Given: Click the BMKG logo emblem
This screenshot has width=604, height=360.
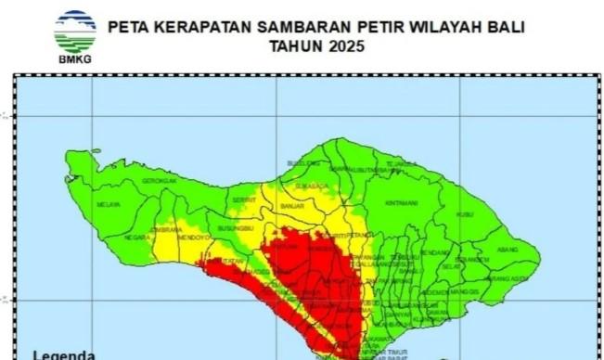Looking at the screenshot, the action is click(75, 32).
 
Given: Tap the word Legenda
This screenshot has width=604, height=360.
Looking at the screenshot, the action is click(64, 354).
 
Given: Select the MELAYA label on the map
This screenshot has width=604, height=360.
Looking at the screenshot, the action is click(109, 204).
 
